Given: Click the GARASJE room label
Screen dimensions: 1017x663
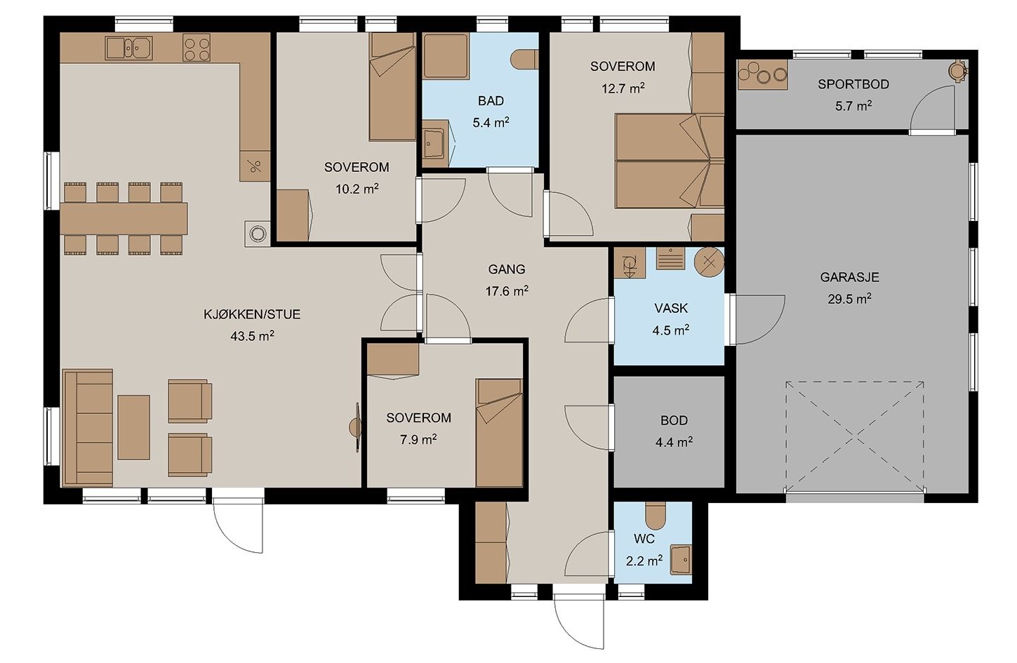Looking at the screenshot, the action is [849, 277].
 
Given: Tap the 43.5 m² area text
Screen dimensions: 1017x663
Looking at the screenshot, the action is [253, 336].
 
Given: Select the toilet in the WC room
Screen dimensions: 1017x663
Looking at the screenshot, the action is [655, 516].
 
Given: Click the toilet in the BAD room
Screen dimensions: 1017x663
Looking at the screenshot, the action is [524, 59].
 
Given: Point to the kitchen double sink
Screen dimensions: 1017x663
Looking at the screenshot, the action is [129, 48].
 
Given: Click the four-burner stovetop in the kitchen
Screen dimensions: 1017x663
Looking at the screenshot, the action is [197, 48].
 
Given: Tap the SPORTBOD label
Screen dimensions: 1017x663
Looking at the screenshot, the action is [853, 84].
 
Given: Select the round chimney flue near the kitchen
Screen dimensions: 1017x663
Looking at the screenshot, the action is [258, 234].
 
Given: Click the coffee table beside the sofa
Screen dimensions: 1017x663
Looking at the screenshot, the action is [134, 427].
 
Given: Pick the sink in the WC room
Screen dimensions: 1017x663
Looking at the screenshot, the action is [681, 561].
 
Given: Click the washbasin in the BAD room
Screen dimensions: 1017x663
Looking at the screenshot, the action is [434, 144].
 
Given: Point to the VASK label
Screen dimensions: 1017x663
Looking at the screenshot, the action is [671, 308].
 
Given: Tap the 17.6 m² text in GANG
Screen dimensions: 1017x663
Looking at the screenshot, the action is [507, 291].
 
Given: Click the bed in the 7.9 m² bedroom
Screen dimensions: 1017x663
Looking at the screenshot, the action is [499, 433].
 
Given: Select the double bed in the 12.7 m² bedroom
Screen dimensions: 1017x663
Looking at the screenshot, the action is [669, 161].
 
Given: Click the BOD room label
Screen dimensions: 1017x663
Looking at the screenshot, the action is [674, 421].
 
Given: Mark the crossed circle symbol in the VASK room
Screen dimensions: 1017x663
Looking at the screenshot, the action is [709, 262].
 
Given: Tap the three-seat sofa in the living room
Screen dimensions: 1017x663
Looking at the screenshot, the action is [88, 427].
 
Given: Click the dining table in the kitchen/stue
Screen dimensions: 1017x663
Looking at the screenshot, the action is [124, 219].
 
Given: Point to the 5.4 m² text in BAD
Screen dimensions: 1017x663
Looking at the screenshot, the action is [491, 123].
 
